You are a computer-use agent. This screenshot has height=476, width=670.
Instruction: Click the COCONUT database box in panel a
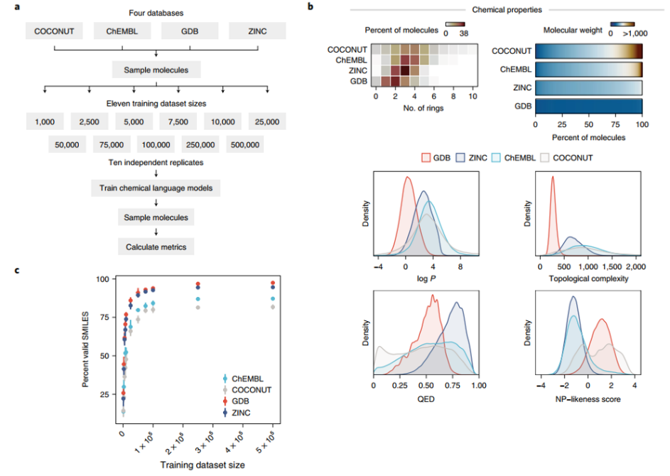(53, 31)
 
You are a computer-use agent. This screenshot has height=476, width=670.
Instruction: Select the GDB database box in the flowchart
(189, 31)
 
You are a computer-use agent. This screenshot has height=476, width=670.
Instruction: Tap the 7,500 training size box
(178, 122)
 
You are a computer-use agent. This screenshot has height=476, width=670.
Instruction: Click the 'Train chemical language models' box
(156, 188)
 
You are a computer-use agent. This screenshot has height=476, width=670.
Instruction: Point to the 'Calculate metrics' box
(156, 247)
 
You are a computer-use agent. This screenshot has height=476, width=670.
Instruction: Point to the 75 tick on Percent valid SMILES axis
(107, 317)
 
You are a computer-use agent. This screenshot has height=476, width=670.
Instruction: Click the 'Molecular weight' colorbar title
(572, 31)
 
